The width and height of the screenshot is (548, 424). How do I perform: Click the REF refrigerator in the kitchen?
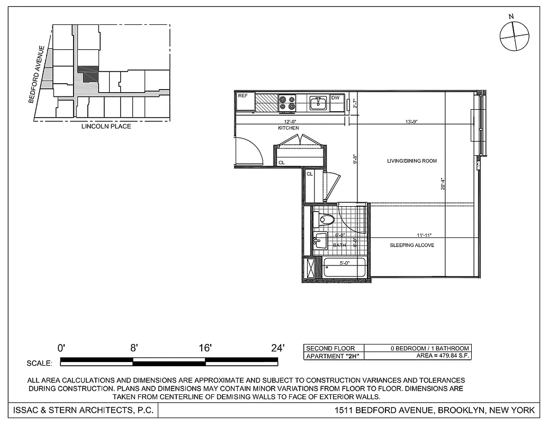246,101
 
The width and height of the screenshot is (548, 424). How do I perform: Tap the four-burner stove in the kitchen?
286,102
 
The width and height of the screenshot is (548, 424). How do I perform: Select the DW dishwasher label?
335,98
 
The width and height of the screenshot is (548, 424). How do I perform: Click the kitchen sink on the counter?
318,102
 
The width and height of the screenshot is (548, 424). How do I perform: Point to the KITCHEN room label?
289,128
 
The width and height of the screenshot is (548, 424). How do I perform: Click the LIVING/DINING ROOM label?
412,161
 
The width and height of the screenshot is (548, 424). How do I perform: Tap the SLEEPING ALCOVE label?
412,245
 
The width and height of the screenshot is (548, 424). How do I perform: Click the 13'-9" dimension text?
411,121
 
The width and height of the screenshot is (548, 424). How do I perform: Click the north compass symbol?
514,36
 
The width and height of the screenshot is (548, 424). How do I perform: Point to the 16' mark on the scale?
205,348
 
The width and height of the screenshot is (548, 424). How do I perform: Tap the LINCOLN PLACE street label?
106,127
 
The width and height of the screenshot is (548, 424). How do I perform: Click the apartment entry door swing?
249,151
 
